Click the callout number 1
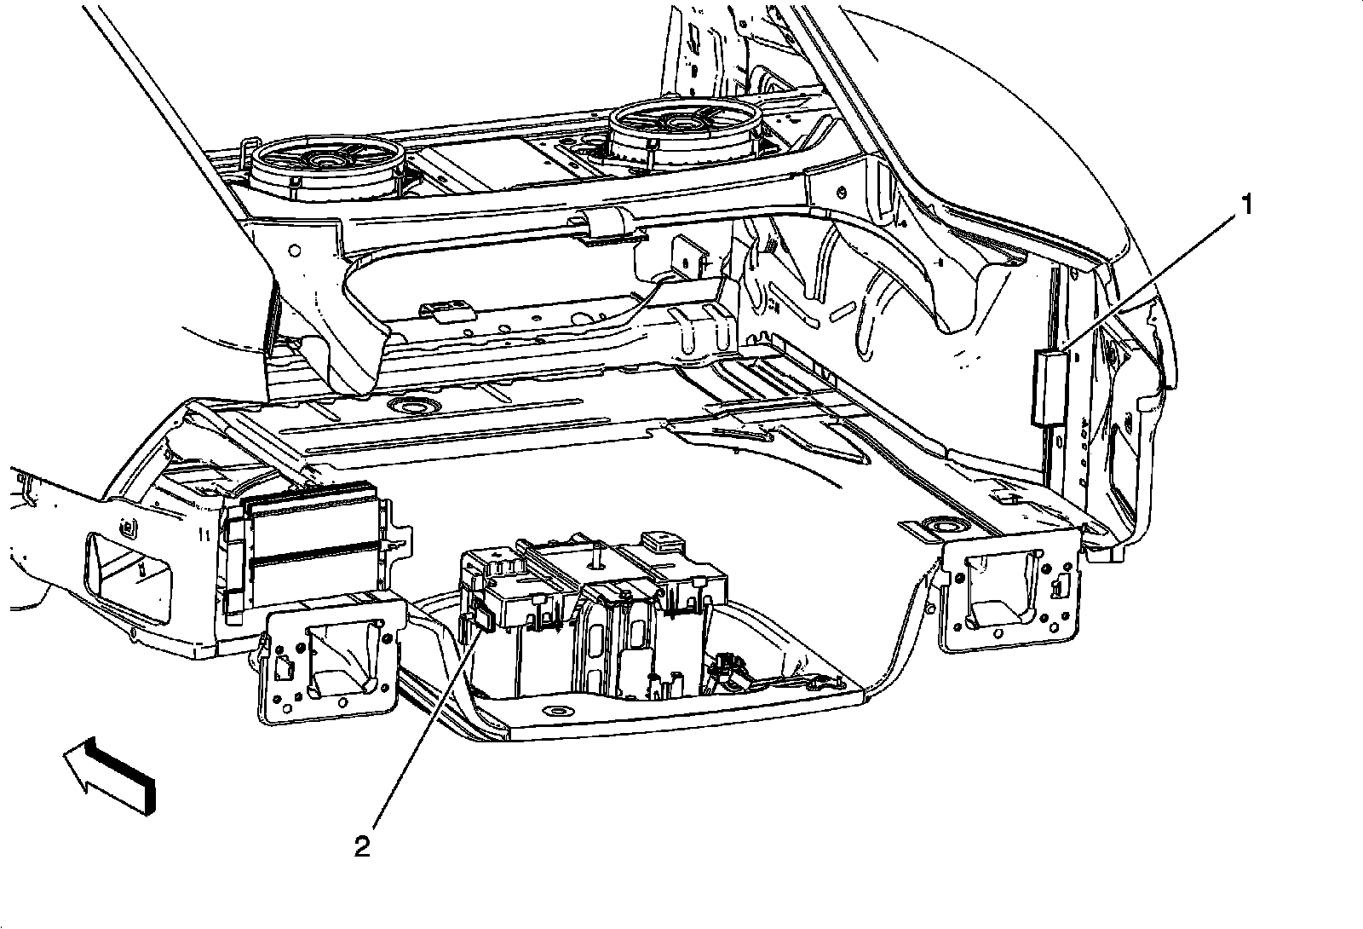pos(1246,205)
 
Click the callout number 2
pos(362,846)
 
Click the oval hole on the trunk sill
pos(558,712)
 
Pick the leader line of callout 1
pos(1150,277)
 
